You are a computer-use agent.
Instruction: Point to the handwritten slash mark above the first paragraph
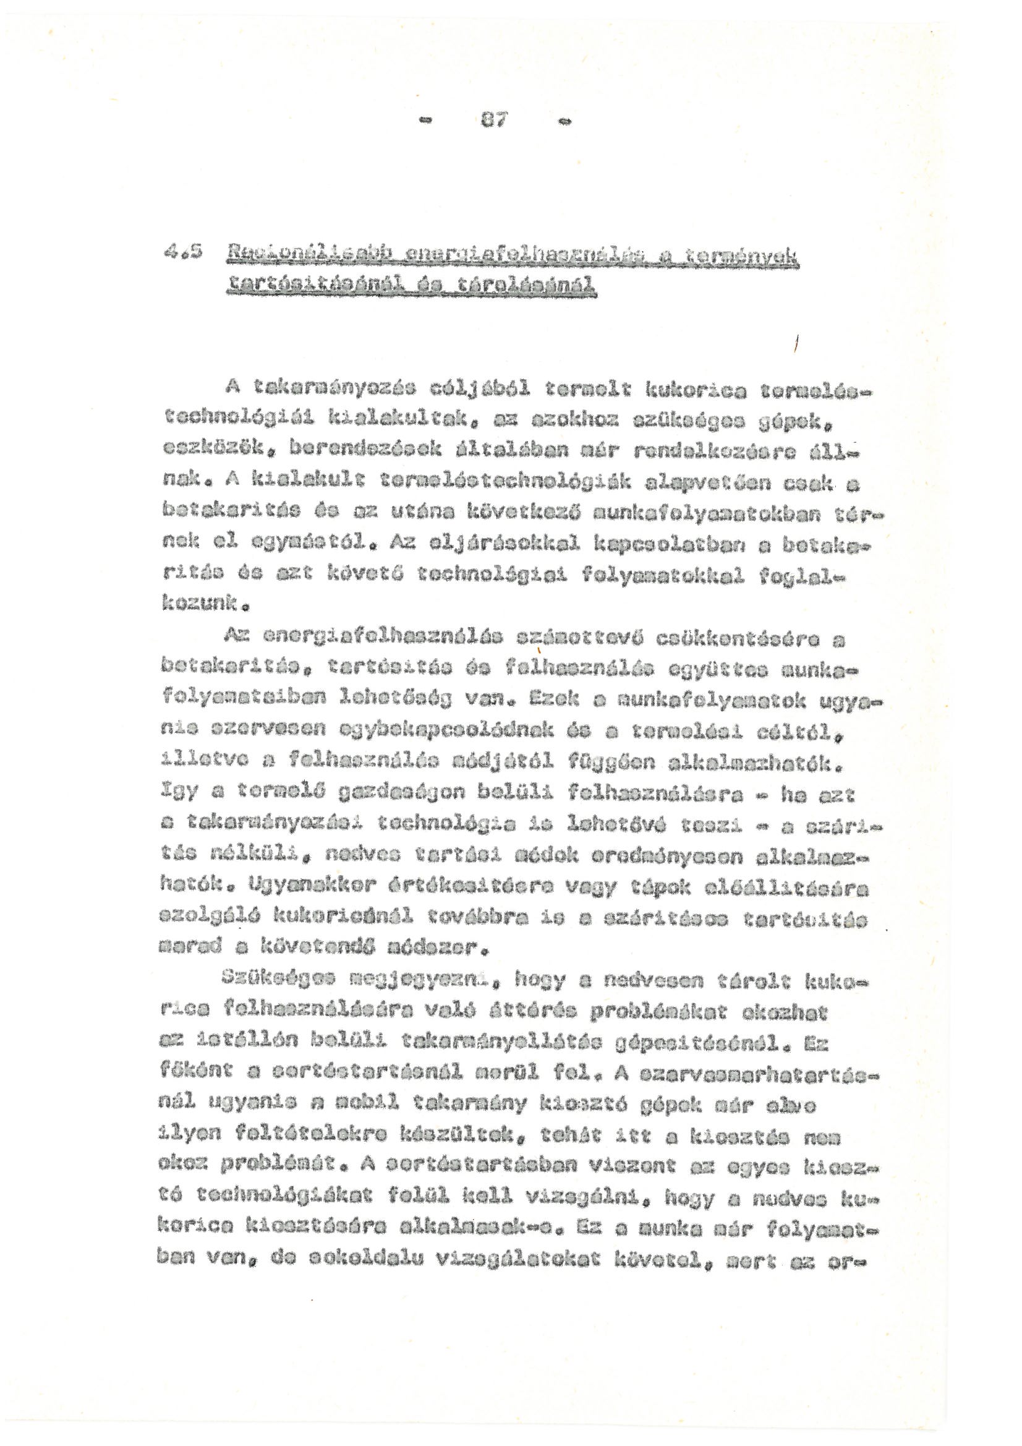796,344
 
